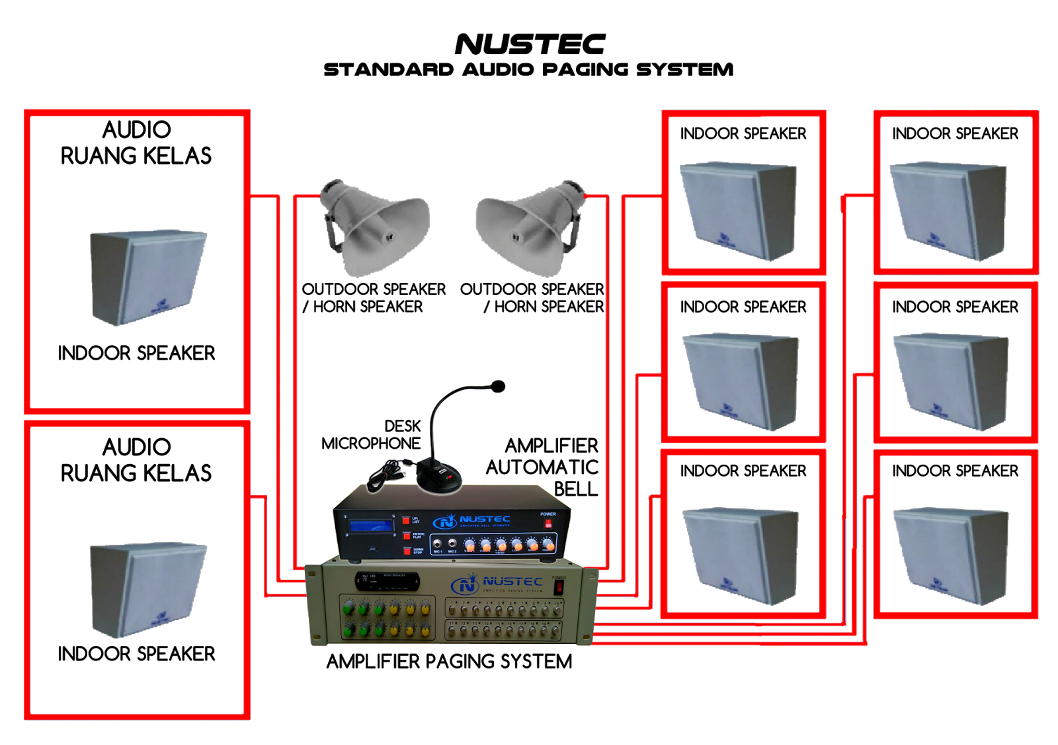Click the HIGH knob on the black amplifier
pyautogui.click(x=549, y=545)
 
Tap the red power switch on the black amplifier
pyautogui.click(x=548, y=524)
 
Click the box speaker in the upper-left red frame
pyautogui.click(x=147, y=278)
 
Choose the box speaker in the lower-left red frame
pyautogui.click(x=147, y=590)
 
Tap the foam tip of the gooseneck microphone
pyautogui.click(x=499, y=386)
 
